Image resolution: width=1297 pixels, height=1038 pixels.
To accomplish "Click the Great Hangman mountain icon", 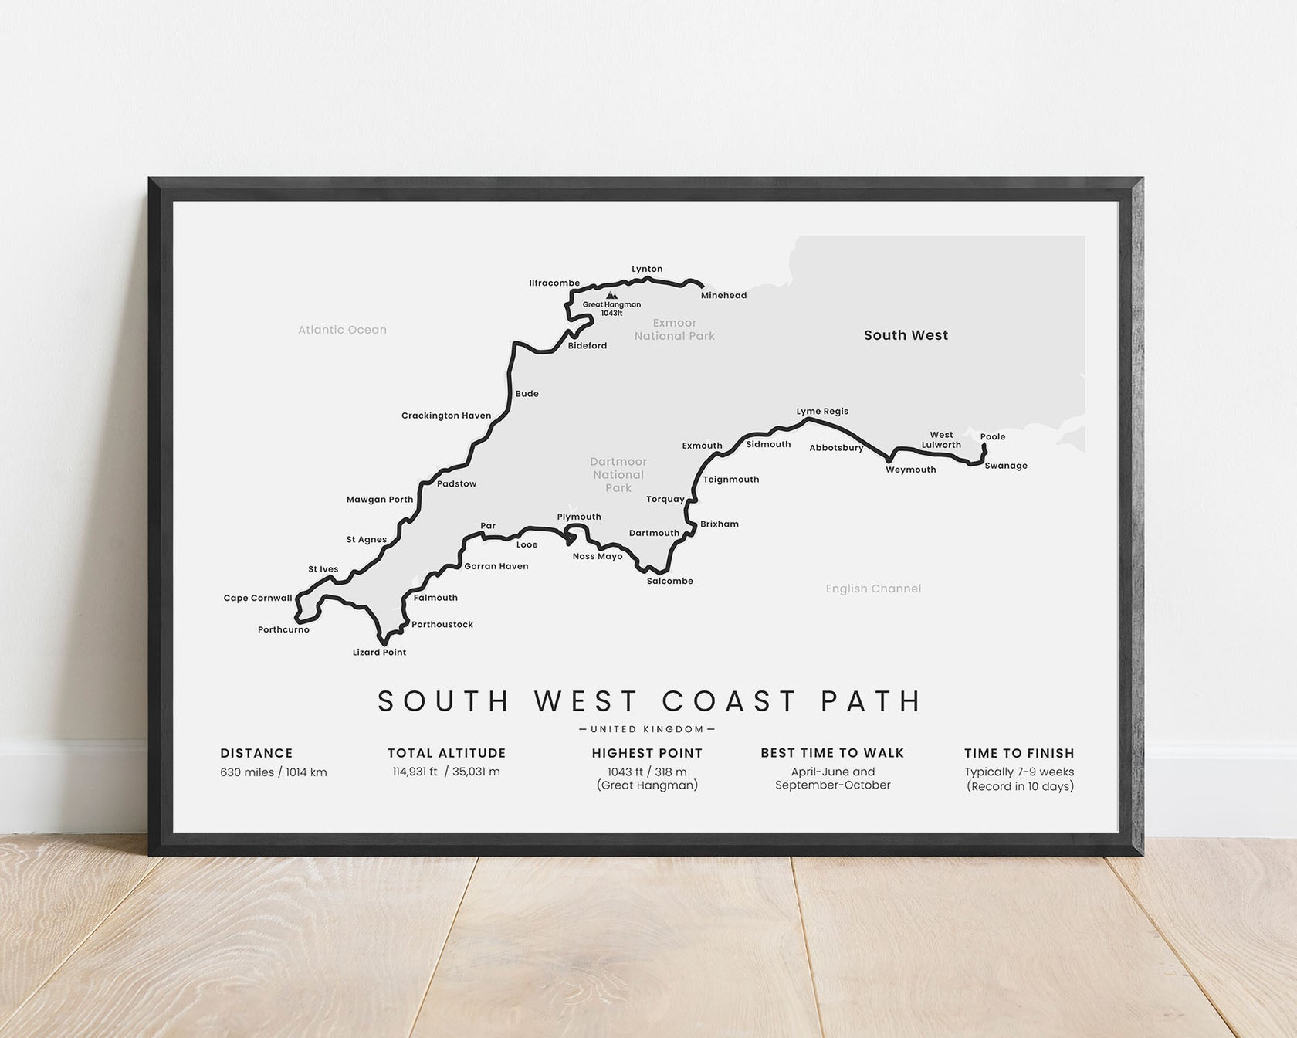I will [611, 295].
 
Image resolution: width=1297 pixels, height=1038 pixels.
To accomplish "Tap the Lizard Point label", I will [379, 653].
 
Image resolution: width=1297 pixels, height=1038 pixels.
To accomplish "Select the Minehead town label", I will [723, 296].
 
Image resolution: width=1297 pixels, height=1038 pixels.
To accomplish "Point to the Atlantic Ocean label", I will [343, 330].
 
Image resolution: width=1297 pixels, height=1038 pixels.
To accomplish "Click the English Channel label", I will [873, 589].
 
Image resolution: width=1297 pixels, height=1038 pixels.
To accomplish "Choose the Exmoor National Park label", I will [675, 329].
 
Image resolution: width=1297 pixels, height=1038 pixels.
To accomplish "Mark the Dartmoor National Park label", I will [618, 475].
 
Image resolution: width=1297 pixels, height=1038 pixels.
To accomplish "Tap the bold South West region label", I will [906, 335].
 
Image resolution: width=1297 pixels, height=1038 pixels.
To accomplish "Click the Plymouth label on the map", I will [579, 517].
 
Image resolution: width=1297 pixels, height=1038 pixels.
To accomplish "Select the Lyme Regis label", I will [822, 412].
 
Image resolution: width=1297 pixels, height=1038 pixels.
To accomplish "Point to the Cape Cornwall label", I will [258, 598].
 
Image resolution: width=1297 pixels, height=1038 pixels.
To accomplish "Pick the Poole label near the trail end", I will [993, 436].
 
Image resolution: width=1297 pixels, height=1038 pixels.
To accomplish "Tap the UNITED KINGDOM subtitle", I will [647, 729].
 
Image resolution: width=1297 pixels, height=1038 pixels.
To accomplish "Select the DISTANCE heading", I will [256, 753].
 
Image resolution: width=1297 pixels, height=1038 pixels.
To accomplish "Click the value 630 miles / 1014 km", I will [273, 772].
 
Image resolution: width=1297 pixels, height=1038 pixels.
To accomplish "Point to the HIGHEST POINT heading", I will [647, 753].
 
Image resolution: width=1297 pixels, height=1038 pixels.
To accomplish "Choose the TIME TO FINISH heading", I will [1019, 753].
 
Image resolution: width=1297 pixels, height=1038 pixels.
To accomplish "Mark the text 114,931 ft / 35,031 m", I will [446, 772].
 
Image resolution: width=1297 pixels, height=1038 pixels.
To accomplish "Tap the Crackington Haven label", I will [446, 416].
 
